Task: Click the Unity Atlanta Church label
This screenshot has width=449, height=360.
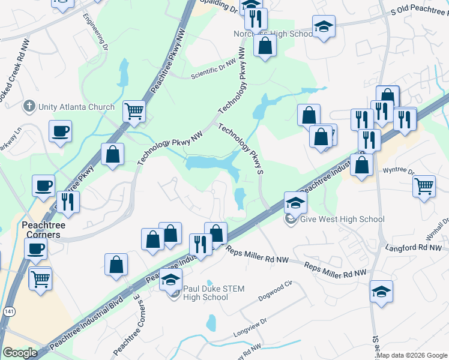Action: (x=76, y=107)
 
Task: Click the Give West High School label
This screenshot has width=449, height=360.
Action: (x=340, y=220)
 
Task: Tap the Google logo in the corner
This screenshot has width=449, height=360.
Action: (x=20, y=353)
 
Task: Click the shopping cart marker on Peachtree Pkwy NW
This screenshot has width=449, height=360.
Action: (x=134, y=110)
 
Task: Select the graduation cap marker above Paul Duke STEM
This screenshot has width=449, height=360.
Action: (x=171, y=279)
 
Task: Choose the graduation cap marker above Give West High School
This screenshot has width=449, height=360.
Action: (x=295, y=203)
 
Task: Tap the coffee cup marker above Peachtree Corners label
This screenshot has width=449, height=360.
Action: (x=43, y=187)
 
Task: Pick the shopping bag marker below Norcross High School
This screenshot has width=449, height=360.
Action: (x=265, y=45)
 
